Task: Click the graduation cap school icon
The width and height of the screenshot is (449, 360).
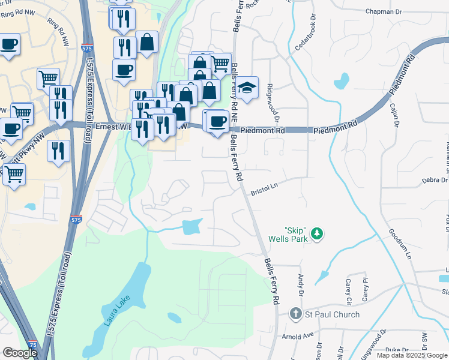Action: coord(247,88)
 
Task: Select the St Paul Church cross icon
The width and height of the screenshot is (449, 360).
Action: coord(295,314)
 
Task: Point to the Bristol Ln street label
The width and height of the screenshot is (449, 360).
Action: coord(265,188)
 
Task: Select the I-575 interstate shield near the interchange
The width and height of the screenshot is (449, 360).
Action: coord(76,220)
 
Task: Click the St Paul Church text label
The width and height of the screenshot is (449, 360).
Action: coord(333,314)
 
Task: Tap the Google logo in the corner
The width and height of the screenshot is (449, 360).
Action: coord(20,352)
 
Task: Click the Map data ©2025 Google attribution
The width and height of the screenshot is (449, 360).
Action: coord(412,355)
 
